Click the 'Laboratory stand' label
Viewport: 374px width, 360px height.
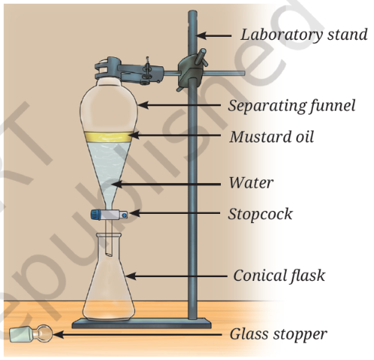pyautogui.click(x=304, y=35)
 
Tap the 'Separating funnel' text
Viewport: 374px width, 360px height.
pyautogui.click(x=292, y=105)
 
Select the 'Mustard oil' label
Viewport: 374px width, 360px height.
pyautogui.click(x=271, y=137)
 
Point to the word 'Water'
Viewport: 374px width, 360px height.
pyautogui.click(x=251, y=182)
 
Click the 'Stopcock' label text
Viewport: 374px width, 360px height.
pyautogui.click(x=260, y=214)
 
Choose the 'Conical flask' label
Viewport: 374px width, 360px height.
pyautogui.click(x=279, y=276)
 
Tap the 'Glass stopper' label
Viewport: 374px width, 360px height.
pyautogui.click(x=278, y=334)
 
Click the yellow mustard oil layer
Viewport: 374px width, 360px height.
pyautogui.click(x=109, y=137)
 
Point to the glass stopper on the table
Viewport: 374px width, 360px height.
pyautogui.click(x=31, y=334)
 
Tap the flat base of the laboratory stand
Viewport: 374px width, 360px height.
pyautogui.click(x=141, y=323)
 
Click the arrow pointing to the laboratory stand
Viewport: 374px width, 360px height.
pyautogui.click(x=213, y=35)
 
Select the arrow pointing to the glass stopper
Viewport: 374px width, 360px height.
pyautogui.click(x=137, y=334)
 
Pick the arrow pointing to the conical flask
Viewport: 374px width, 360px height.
pyautogui.click(x=176, y=276)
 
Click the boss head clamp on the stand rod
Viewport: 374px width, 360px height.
pyautogui.click(x=191, y=71)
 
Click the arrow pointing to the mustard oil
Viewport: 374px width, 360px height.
pyautogui.click(x=175, y=136)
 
